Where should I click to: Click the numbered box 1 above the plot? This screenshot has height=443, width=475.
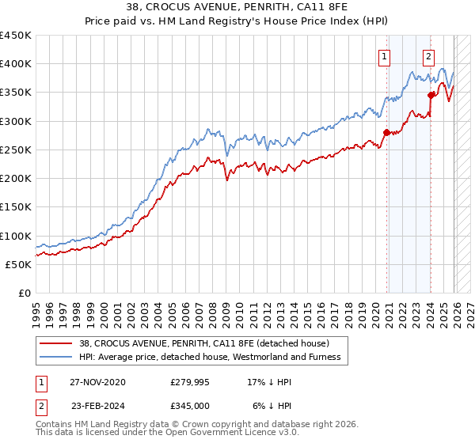pos(384,56)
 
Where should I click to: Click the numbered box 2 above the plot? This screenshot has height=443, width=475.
pos(428,56)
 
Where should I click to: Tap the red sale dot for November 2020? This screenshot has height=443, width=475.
pos(386,133)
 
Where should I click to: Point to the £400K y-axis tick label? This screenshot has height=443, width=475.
pos(16,64)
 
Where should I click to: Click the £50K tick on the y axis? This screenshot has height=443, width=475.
pos(19,264)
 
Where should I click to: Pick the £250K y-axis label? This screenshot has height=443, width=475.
pos(16,150)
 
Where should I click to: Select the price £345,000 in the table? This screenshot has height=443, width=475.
pos(190,405)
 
